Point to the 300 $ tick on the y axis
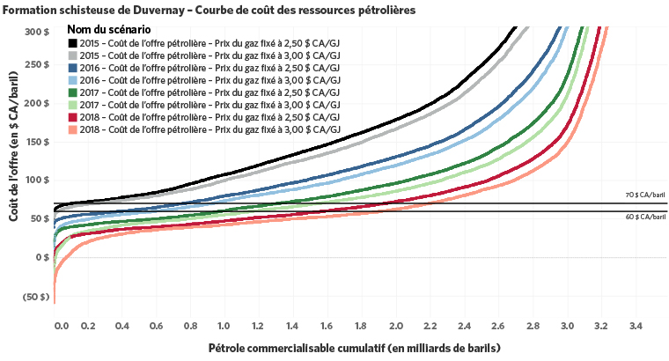pyautogui.click(x=35, y=32)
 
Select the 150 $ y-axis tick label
pyautogui.click(x=35, y=143)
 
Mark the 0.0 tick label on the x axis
pyautogui.click(x=61, y=327)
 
